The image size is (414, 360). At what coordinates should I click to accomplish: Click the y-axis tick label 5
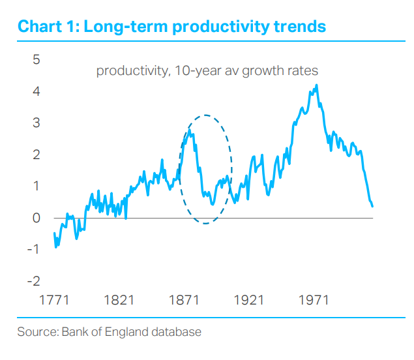(37, 59)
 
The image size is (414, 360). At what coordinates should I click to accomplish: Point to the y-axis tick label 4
(37, 91)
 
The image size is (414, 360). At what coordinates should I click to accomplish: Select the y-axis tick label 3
(37, 123)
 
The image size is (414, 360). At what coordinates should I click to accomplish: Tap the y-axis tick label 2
(37, 155)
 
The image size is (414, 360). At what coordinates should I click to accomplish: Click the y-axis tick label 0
(37, 218)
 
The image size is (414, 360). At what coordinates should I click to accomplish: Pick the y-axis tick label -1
(34, 249)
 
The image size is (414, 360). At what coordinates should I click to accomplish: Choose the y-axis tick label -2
(34, 281)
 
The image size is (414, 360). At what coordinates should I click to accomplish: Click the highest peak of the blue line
(317, 85)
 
